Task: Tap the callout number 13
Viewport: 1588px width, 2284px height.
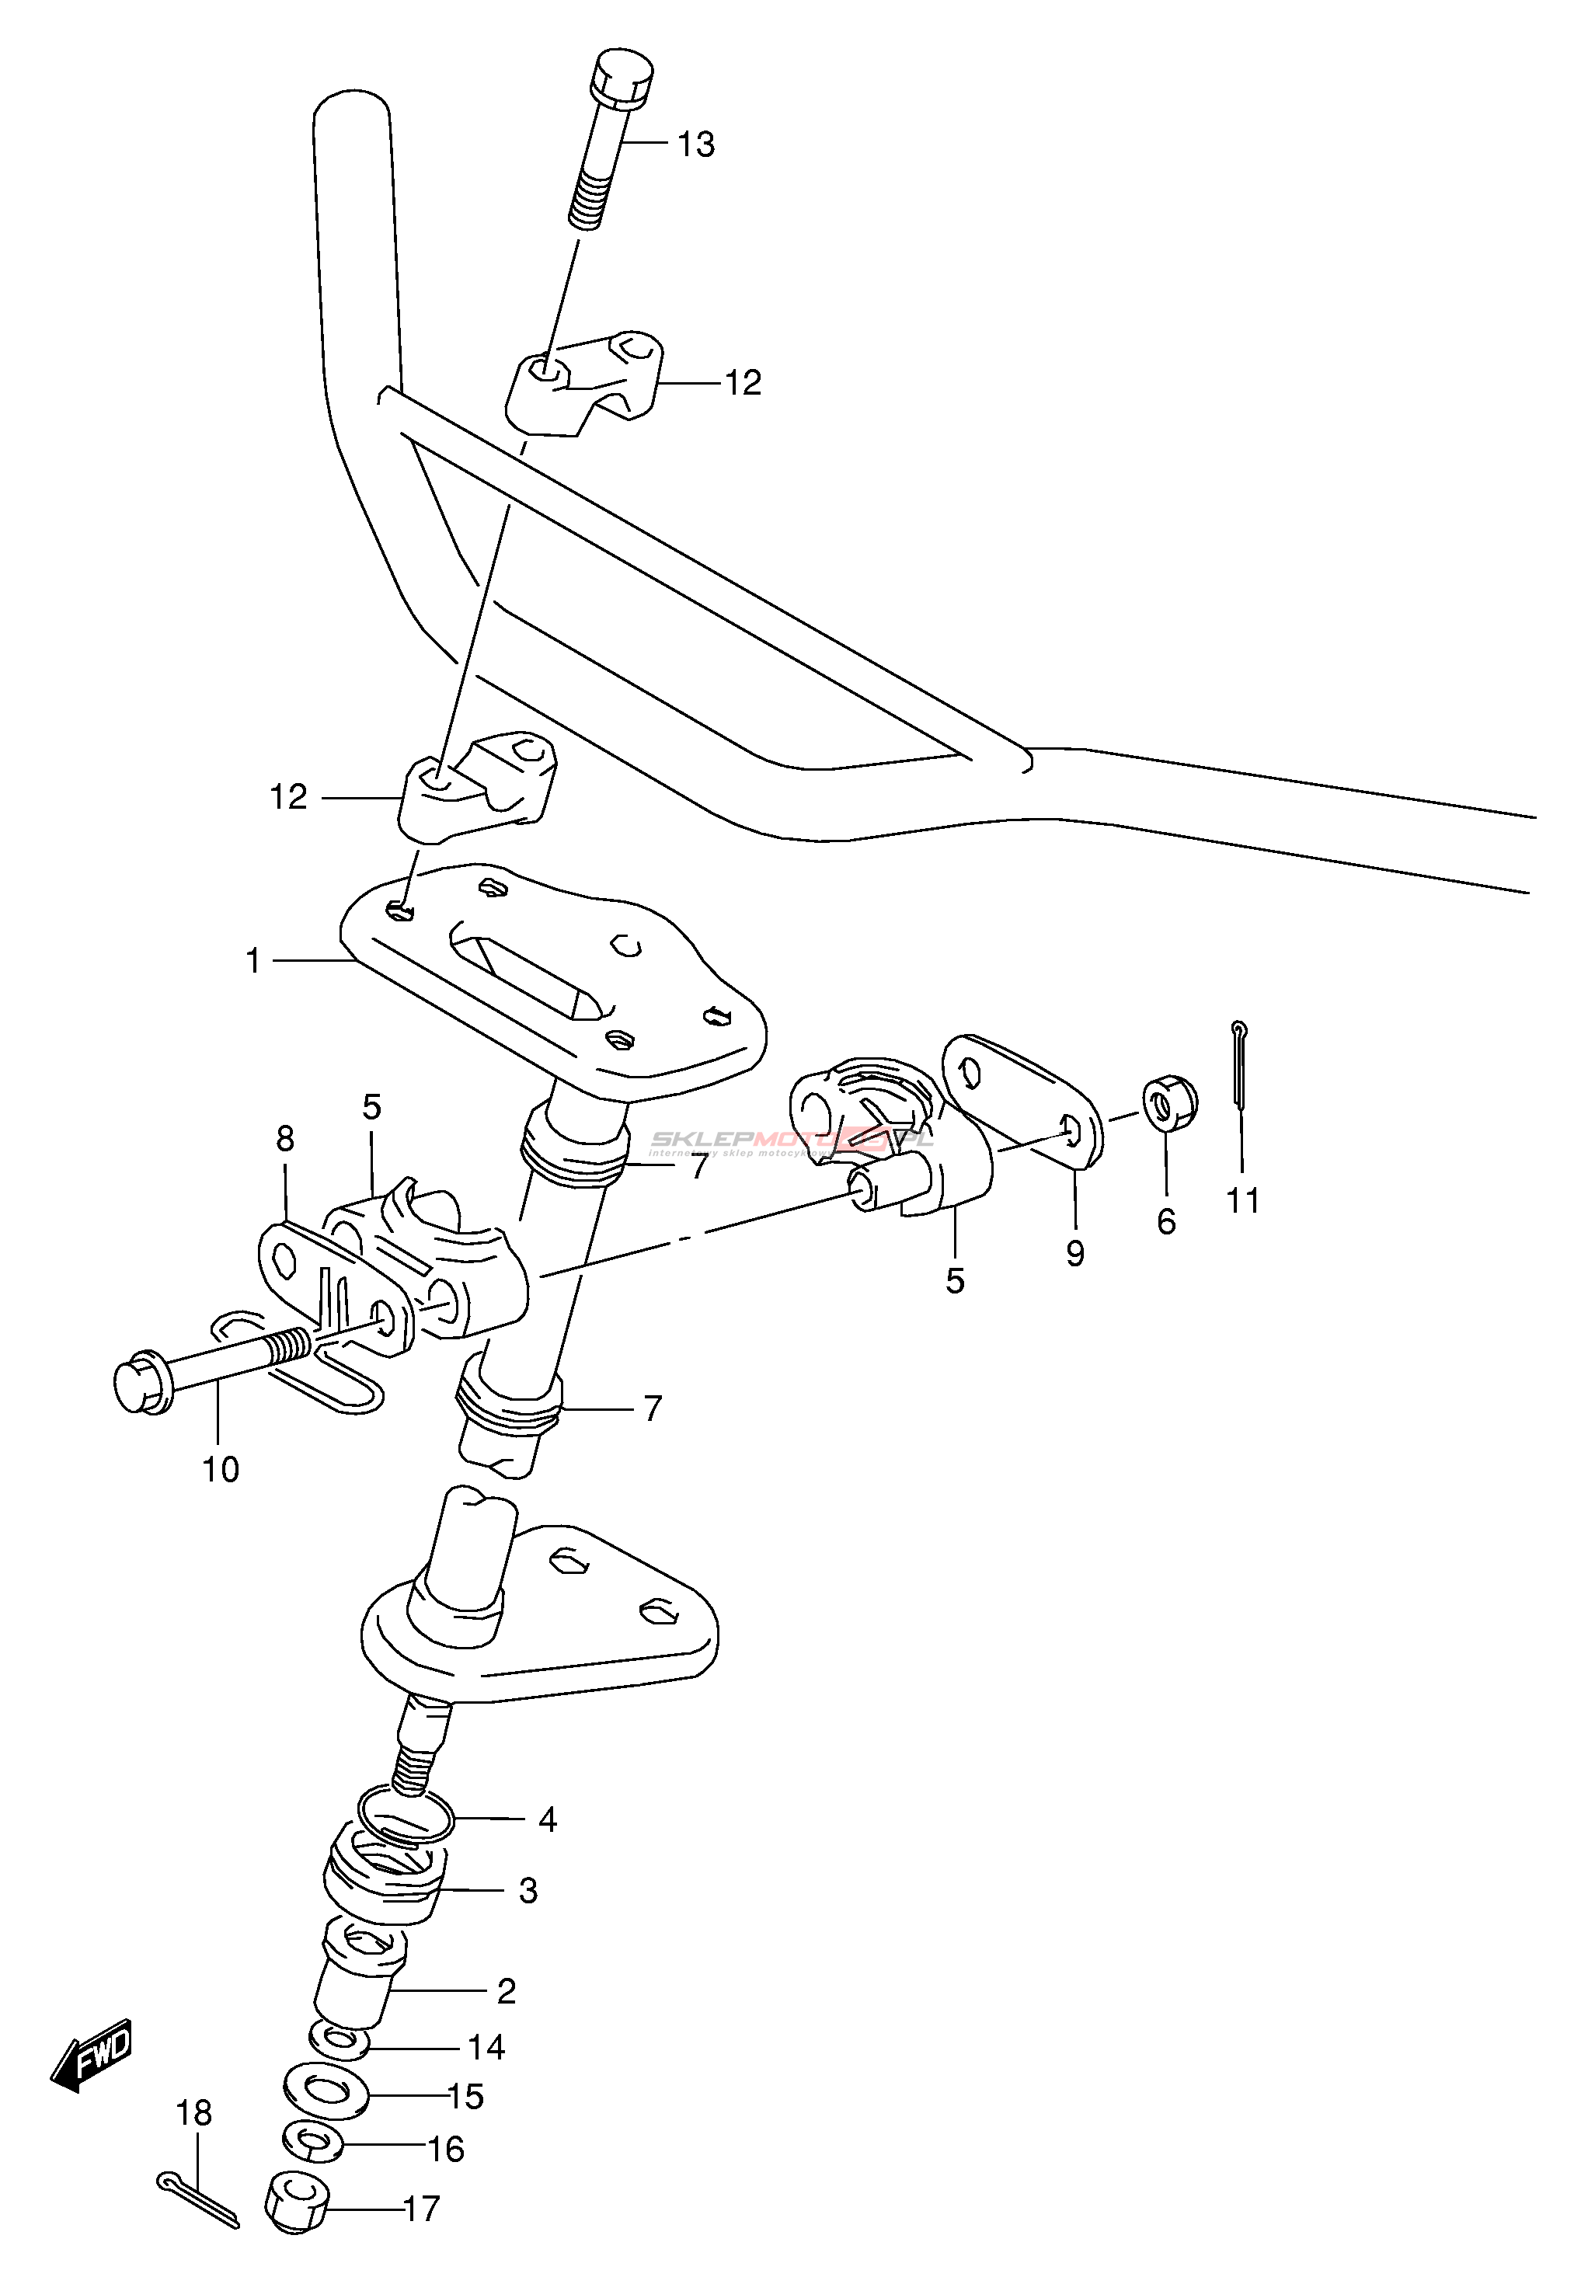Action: (x=695, y=145)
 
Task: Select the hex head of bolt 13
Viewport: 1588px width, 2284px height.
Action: (x=621, y=75)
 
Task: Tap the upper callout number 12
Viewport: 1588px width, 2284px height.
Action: (x=742, y=383)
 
